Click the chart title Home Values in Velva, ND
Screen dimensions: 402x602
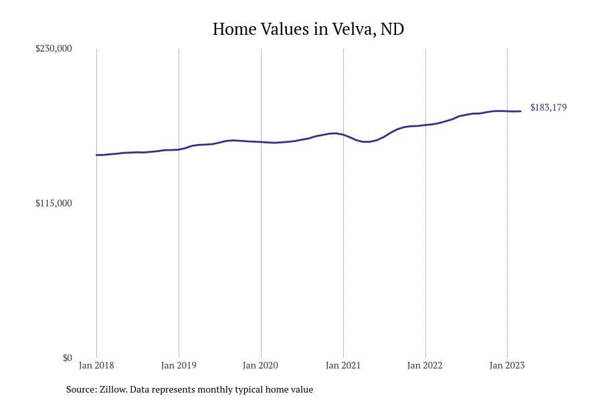[x=308, y=29]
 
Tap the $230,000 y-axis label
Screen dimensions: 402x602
[x=54, y=49]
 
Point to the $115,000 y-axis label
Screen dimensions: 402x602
[x=54, y=203]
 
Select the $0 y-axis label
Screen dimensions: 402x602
[x=67, y=358]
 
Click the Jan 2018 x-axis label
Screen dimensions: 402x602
[x=96, y=365]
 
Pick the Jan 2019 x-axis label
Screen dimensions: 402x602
[x=179, y=365]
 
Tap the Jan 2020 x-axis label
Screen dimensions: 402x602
[x=261, y=365]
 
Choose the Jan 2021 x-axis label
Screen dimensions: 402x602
[x=343, y=365]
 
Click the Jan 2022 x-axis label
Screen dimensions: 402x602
[x=425, y=365]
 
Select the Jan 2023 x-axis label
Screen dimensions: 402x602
[x=507, y=365]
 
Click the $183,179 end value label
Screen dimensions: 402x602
[x=548, y=107]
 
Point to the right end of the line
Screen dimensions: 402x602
[x=520, y=111]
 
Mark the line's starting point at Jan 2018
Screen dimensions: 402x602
[x=96, y=155]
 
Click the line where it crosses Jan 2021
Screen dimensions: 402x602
[x=343, y=135]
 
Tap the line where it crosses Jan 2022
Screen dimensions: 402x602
[x=425, y=125]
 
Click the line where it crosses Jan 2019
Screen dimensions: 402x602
[x=179, y=149]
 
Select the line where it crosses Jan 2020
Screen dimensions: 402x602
[x=261, y=142]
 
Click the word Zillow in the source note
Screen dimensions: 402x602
[x=111, y=389]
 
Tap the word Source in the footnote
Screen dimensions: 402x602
[x=80, y=389]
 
